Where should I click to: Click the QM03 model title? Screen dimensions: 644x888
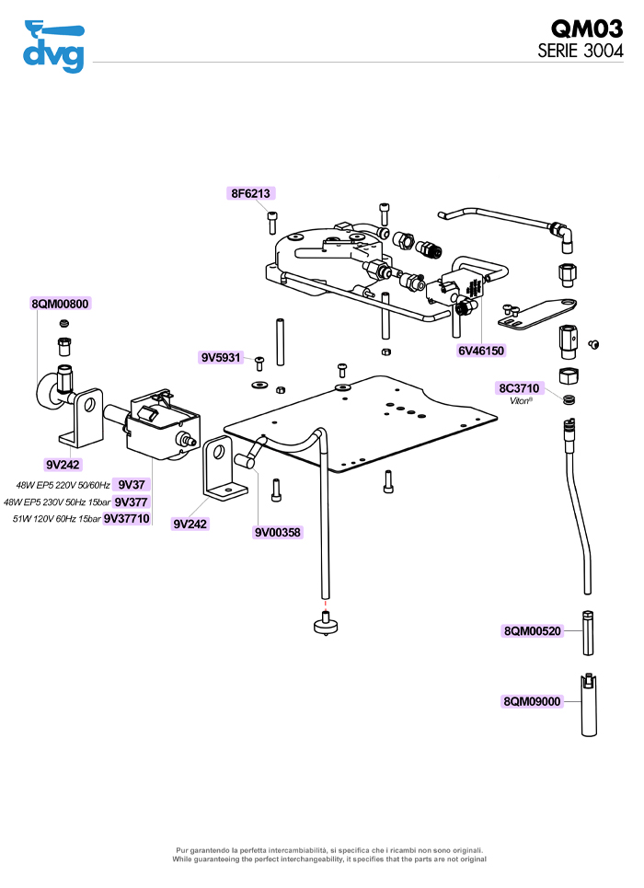click(x=587, y=29)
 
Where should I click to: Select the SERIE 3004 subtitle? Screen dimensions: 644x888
click(x=581, y=51)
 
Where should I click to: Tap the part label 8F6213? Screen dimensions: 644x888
click(x=250, y=193)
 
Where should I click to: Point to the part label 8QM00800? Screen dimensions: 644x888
click(x=60, y=304)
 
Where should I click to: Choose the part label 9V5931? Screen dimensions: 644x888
click(x=221, y=357)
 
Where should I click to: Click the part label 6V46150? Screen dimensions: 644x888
click(x=481, y=351)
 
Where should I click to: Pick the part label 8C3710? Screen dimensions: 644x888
click(x=519, y=388)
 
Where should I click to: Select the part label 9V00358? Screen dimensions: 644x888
click(x=278, y=533)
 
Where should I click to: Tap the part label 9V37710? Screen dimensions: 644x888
click(x=126, y=518)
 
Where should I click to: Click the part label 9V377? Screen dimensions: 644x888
click(x=131, y=502)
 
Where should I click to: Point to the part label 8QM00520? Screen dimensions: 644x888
click(x=533, y=631)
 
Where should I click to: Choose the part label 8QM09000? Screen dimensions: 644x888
click(x=532, y=701)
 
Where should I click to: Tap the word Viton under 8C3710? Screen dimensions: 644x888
click(x=520, y=401)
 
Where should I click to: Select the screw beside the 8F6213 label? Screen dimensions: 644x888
click(x=272, y=222)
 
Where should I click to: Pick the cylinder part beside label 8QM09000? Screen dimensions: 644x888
click(x=589, y=705)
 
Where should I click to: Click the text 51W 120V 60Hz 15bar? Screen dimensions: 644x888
click(x=57, y=519)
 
